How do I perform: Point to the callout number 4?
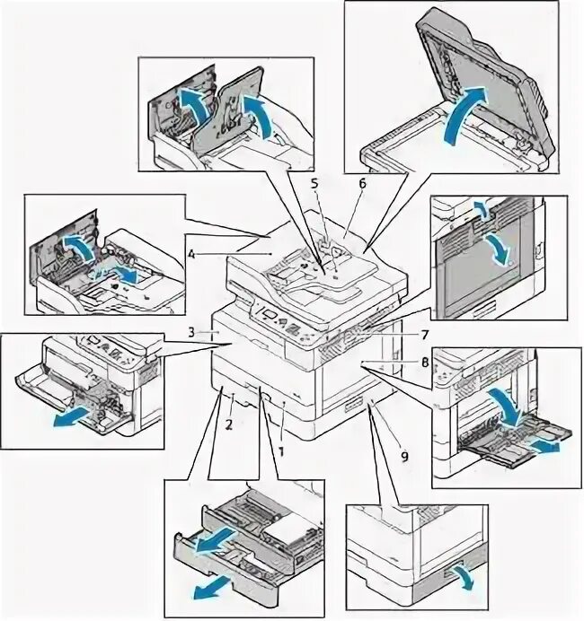191,255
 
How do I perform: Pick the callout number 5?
314,184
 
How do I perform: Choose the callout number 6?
362,183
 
